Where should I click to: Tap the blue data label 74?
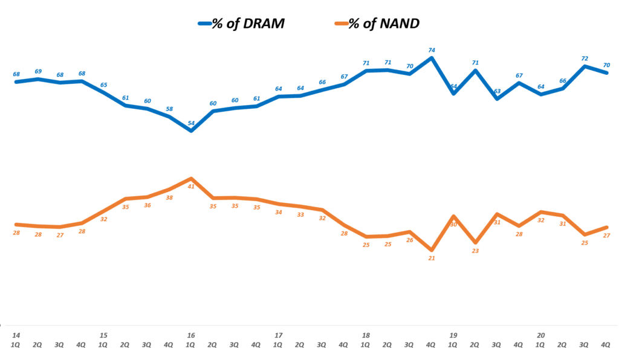[432, 50]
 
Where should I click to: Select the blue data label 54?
[191, 123]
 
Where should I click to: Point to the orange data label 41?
[191, 186]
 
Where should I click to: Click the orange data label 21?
[432, 258]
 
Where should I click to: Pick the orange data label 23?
[475, 251]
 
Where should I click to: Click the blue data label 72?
[585, 59]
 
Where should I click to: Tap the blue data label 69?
[38, 71]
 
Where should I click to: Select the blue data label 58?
[169, 109]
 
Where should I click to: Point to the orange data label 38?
[169, 198]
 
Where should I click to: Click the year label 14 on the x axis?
[16, 335]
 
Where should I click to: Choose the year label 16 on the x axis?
[191, 335]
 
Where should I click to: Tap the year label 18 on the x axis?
[366, 335]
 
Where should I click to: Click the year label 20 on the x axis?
[541, 335]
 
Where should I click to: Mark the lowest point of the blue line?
[191, 130]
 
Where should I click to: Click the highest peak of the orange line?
[191, 179]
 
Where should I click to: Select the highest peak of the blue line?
[432, 58]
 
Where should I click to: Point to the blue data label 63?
[497, 91]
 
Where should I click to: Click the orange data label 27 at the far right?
[606, 236]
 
